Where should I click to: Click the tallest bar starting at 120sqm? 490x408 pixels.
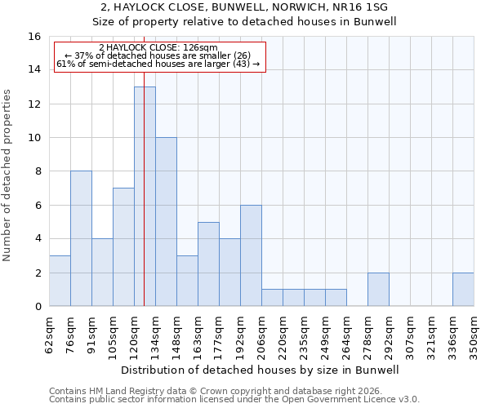point(145,196)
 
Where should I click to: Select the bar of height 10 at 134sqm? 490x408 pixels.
point(166,222)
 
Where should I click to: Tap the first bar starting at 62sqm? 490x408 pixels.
point(60,281)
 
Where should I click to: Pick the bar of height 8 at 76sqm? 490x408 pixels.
point(81,238)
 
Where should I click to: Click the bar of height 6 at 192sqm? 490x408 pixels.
point(251,255)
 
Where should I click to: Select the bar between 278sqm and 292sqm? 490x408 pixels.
point(378,290)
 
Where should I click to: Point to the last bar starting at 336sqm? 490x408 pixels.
point(463,290)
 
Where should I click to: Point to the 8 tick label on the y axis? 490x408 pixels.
point(37,171)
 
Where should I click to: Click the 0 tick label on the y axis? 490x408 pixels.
point(37,307)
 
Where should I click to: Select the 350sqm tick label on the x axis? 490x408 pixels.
point(474,336)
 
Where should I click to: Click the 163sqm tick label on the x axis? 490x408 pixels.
point(198,336)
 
